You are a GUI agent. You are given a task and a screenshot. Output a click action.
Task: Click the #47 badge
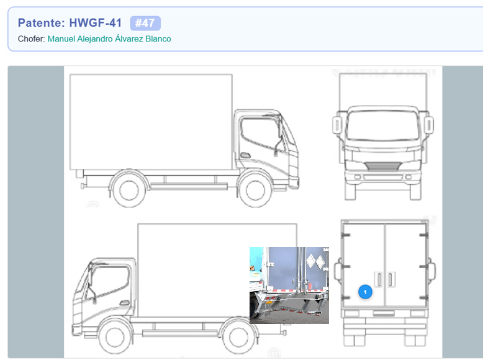[145, 23]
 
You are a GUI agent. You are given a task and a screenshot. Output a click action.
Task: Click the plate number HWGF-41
[96, 23]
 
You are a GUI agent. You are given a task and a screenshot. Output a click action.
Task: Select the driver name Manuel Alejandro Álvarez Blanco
[109, 39]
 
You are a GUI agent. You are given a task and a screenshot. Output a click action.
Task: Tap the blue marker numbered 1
[365, 292]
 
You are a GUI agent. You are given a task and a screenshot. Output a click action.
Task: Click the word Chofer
[31, 39]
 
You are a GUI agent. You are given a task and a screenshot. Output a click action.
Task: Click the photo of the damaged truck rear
[289, 285]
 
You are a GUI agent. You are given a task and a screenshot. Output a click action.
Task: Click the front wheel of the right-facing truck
[255, 190]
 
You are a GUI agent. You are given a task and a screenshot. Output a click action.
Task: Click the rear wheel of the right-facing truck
[129, 190]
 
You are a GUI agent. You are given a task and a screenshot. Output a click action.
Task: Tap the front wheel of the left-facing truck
[115, 337]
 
